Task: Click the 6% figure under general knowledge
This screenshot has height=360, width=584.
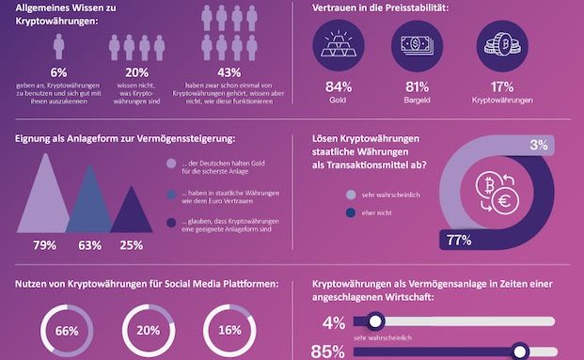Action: click(x=58, y=72)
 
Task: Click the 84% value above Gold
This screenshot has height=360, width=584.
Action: click(x=337, y=88)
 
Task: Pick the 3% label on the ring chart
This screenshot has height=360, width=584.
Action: click(x=538, y=146)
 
